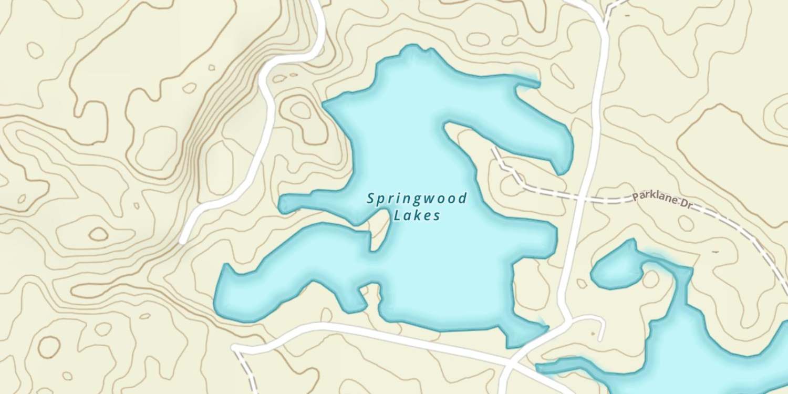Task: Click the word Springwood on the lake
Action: click(x=417, y=199)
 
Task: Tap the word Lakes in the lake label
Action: click(x=417, y=215)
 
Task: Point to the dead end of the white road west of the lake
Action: click(x=182, y=241)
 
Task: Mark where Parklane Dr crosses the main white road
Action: click(x=582, y=198)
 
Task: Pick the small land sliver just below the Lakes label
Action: click(x=380, y=234)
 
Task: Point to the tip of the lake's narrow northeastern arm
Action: click(x=536, y=82)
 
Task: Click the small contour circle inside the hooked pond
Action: click(x=650, y=279)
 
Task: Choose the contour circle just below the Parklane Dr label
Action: click(x=686, y=223)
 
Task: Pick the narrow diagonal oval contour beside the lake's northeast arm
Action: click(x=562, y=77)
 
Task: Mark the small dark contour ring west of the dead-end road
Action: click(x=98, y=234)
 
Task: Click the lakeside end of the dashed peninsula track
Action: click(x=493, y=150)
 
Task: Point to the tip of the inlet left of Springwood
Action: click(x=282, y=205)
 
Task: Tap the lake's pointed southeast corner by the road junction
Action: click(x=546, y=328)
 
